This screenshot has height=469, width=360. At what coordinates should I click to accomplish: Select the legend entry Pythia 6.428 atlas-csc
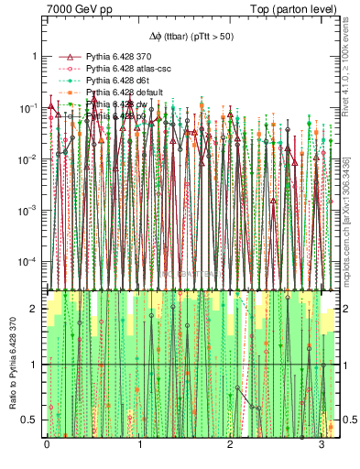pyautogui.click(x=129, y=69)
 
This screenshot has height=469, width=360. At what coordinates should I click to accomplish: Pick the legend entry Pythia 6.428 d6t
pyautogui.click(x=120, y=81)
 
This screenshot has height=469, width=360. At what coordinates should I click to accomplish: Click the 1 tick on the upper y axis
pyautogui.click(x=34, y=57)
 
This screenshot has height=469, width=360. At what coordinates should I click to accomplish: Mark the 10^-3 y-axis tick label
pyautogui.click(x=28, y=211)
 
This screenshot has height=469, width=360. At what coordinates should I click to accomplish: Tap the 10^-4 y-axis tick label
pyautogui.click(x=28, y=262)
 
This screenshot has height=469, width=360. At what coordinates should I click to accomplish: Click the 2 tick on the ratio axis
pyautogui.click(x=34, y=310)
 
